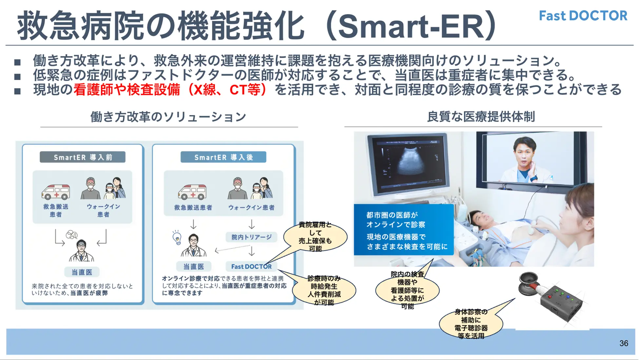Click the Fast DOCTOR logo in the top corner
tap(583, 16)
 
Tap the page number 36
tap(624, 343)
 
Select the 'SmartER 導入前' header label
tap(83, 157)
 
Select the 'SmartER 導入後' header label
tap(223, 157)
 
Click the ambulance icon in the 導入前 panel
tap(56, 192)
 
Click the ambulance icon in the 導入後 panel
tap(192, 192)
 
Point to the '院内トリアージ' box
tap(251, 237)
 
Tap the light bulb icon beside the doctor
tap(177, 238)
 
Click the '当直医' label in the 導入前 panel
tap(82, 272)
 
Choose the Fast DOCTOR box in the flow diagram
tap(251, 267)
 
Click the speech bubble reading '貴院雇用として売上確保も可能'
tap(315, 237)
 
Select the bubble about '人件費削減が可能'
tap(324, 290)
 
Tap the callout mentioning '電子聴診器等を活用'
tap(471, 324)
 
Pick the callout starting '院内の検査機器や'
tap(407, 290)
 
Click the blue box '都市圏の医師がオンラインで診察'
tap(404, 230)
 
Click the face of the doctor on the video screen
tap(524, 151)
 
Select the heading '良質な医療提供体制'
tap(481, 117)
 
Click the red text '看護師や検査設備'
tap(127, 90)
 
